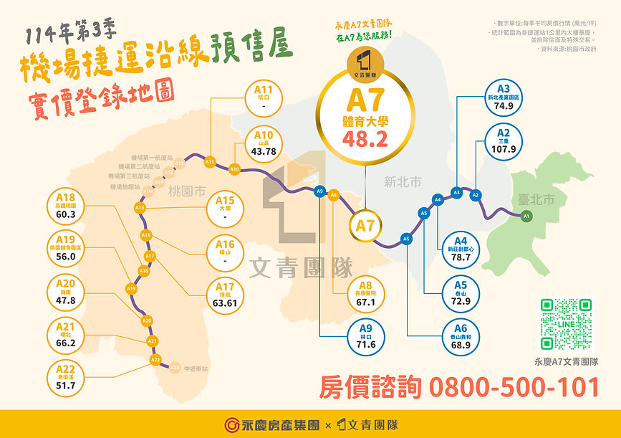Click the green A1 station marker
pyautogui.click(x=526, y=216)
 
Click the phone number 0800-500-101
pyautogui.click(x=514, y=387)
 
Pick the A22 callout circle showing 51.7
pyautogui.click(x=66, y=378)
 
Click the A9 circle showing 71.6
pyautogui.click(x=366, y=337)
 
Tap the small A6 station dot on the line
pyautogui.click(x=406, y=239)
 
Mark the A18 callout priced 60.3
pyautogui.click(x=66, y=206)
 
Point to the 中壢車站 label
pyautogui.click(x=195, y=368)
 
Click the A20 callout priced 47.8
pyautogui.click(x=66, y=292)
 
